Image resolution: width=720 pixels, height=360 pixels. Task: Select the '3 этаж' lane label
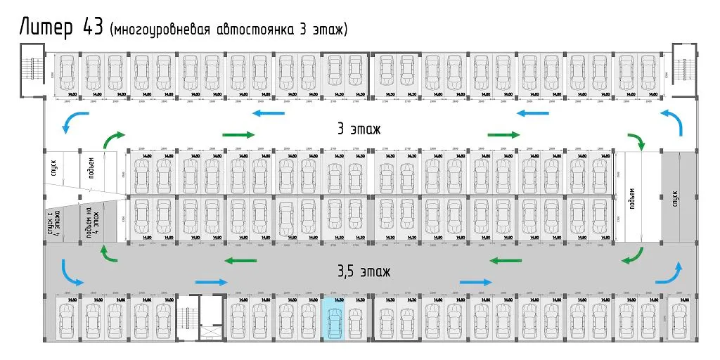point(359,129)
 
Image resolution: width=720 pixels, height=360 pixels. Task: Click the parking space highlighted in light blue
point(333,319)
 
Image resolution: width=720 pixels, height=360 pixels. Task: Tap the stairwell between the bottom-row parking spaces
point(199,318)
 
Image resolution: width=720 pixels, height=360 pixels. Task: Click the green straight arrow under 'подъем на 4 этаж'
point(105,254)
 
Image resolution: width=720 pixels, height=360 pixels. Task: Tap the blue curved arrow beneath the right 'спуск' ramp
point(671,273)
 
